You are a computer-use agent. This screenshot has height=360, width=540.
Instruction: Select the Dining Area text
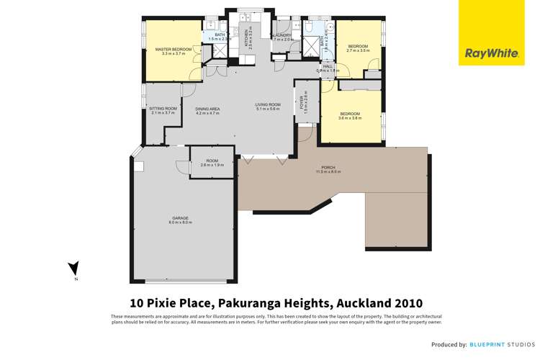(x=207, y=109)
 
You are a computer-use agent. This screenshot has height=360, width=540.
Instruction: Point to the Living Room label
(x=268, y=105)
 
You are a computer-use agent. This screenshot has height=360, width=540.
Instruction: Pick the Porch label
(x=325, y=168)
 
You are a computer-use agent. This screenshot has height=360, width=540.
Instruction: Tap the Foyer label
(x=304, y=101)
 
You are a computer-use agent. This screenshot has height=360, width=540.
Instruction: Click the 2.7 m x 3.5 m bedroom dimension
(x=358, y=51)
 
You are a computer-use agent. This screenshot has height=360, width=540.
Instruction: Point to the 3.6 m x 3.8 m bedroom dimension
(x=351, y=117)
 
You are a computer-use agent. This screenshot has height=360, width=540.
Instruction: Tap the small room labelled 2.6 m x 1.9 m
(x=212, y=162)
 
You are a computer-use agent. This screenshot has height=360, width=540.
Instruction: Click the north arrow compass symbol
(x=73, y=270)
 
